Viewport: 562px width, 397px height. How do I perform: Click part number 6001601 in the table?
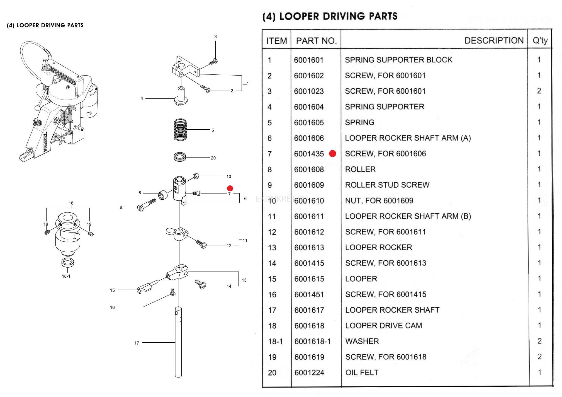pyautogui.click(x=308, y=60)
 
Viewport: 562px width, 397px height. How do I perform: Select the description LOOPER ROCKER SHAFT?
pyautogui.click(x=392, y=310)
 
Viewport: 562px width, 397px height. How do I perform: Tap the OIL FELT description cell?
pyautogui.click(x=362, y=372)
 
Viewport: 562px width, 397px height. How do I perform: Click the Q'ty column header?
pyautogui.click(x=540, y=41)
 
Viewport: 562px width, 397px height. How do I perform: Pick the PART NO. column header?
pyautogui.click(x=316, y=41)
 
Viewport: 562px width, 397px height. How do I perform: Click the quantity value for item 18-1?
pyautogui.click(x=539, y=341)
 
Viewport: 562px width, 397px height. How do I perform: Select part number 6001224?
pyautogui.click(x=309, y=372)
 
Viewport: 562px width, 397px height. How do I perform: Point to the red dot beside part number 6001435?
pyautogui.click(x=332, y=154)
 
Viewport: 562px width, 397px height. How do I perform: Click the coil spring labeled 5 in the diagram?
pyautogui.click(x=180, y=130)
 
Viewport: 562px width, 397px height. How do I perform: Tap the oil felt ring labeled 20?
pyautogui.click(x=180, y=157)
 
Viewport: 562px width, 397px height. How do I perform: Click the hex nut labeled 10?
pyautogui.click(x=196, y=176)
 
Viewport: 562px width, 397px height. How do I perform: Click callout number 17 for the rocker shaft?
pyautogui.click(x=137, y=343)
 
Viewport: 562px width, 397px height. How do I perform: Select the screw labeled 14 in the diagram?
pyautogui.click(x=201, y=284)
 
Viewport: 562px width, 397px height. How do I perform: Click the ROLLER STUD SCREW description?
pyautogui.click(x=387, y=185)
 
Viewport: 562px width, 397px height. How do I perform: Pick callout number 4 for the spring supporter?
pyautogui.click(x=142, y=98)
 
